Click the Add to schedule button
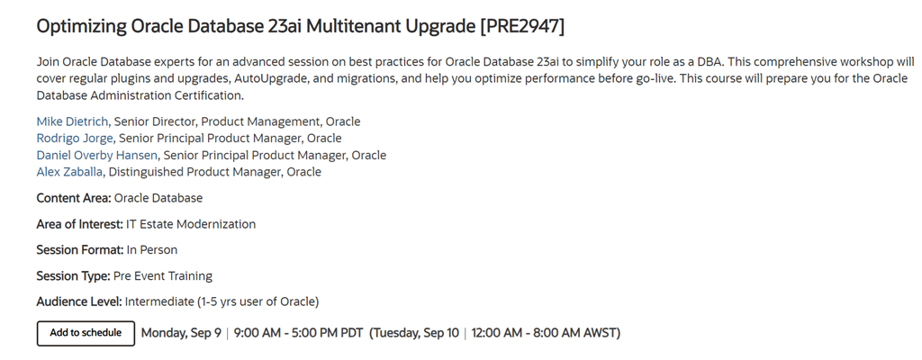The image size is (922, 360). [86, 333]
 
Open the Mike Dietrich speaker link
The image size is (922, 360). [72, 121]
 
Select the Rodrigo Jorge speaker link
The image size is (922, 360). [74, 139]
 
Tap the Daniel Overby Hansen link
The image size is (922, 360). [97, 156]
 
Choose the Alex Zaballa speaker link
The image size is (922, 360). [69, 172]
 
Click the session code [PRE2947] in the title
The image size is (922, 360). [522, 26]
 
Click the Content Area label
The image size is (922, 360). [74, 198]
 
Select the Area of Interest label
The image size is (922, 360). [80, 224]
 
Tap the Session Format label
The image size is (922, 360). [80, 250]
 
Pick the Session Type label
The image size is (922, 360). [74, 276]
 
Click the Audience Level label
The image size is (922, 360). [79, 301]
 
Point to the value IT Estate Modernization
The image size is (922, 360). [191, 224]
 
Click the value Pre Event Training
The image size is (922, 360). [163, 276]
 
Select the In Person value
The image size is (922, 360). [151, 250]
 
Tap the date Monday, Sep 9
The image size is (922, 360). [181, 333]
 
